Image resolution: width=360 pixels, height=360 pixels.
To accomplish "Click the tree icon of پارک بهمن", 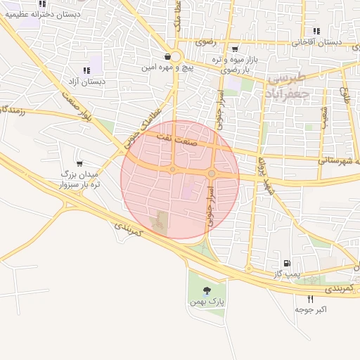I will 206,290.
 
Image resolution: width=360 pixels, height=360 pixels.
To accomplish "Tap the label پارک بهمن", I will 206,302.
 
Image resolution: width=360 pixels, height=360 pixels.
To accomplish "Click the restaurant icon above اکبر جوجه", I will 310,299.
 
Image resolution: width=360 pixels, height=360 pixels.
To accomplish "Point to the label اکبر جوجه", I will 311,309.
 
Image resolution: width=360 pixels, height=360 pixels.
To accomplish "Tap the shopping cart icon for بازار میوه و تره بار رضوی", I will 234,49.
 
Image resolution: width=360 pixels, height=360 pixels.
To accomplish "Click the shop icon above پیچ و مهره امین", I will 167,57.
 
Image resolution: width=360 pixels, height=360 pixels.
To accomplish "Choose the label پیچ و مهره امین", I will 167,68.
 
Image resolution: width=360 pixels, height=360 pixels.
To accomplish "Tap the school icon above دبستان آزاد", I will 86,70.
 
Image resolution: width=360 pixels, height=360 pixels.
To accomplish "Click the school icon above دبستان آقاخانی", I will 317,31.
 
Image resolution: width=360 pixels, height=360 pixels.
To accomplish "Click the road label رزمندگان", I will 14,110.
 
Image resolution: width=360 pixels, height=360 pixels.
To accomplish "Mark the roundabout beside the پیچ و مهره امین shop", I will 175,58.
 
